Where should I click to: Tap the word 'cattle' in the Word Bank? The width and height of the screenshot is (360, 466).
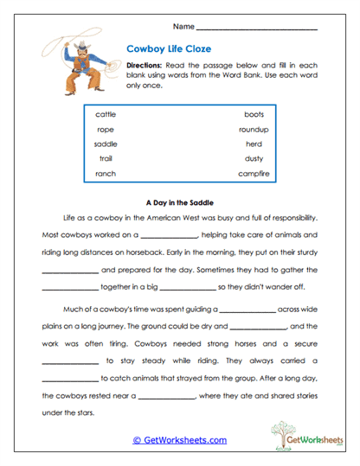[106, 113]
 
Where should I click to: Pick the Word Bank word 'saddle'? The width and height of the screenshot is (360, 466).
[106, 144]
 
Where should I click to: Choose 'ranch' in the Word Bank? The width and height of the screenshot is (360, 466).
[105, 174]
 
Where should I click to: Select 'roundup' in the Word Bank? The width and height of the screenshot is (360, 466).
[254, 129]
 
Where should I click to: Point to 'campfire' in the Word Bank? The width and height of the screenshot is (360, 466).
[254, 174]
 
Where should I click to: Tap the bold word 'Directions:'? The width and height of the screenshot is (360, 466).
[145, 66]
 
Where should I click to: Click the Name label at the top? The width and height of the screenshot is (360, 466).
[183, 27]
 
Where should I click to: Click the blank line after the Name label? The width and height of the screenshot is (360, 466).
[257, 29]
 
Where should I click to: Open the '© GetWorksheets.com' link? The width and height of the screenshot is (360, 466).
[179, 440]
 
